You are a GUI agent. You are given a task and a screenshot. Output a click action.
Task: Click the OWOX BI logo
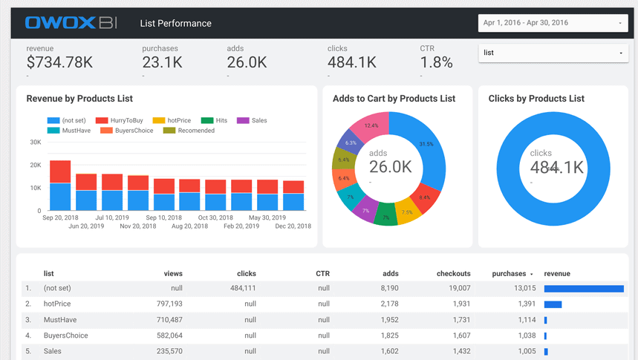[71, 23]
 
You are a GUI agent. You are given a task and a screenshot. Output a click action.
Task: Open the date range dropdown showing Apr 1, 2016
[553, 23]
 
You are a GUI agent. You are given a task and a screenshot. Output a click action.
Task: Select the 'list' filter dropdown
[553, 53]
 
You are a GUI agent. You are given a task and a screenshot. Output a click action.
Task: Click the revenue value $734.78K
[59, 62]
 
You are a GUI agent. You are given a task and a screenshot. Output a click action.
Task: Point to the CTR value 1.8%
[436, 62]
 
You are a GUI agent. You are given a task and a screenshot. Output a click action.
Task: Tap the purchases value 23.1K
[162, 62]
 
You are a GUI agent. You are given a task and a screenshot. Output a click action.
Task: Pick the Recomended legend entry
[190, 131]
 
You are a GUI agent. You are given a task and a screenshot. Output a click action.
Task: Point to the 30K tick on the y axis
[36, 142]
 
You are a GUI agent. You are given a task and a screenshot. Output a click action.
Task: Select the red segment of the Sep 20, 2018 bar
[60, 171]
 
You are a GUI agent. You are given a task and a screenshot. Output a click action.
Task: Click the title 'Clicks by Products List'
[536, 99]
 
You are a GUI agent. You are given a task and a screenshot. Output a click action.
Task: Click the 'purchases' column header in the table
[509, 274]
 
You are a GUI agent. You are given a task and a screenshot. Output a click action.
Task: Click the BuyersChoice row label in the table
[66, 336]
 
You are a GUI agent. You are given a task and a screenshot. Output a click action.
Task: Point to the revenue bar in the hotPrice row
[553, 304]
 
